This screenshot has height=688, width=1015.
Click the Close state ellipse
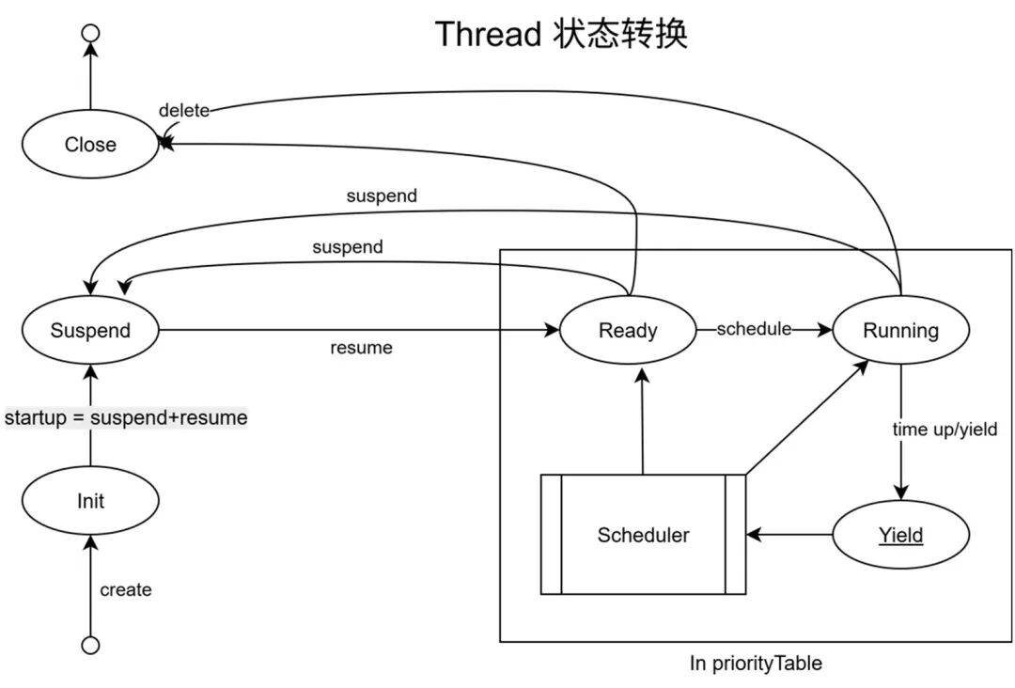point(90,144)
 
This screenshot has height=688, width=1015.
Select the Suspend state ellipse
point(90,330)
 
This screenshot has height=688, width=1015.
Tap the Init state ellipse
point(90,501)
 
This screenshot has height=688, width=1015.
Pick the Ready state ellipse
point(628,330)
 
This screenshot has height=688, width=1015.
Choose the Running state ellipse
point(900,330)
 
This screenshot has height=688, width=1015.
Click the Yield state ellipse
point(900,535)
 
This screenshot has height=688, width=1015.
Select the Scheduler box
point(643,535)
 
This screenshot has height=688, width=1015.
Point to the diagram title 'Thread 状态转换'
point(561,34)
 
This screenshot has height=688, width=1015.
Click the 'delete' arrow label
point(183,110)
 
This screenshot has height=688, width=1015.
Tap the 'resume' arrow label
point(361,348)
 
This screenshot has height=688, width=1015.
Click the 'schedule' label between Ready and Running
point(754,329)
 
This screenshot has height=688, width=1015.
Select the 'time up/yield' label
point(944,430)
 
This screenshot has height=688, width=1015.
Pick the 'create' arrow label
point(126,589)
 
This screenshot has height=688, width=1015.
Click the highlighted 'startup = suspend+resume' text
point(126,417)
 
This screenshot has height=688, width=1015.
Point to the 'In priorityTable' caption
point(756,663)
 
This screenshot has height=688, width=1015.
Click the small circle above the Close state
point(90,34)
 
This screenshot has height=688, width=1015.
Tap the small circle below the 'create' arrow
point(90,645)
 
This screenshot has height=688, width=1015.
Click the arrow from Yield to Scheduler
point(789,535)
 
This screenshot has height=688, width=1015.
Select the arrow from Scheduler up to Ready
point(643,423)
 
